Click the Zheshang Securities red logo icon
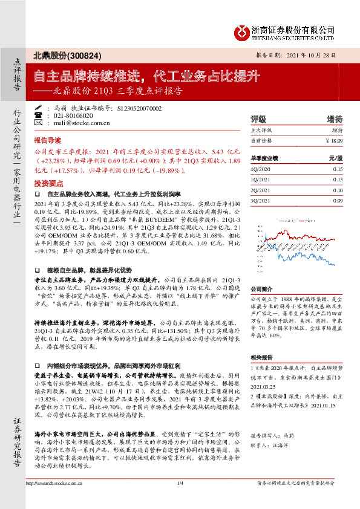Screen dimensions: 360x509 pyautogui.click(x=243, y=31)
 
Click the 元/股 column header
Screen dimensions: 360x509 pyautogui.click(x=335, y=158)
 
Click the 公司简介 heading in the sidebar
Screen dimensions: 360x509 pyautogui.click(x=262, y=289)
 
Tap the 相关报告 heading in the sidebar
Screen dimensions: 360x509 pyautogui.click(x=262, y=357)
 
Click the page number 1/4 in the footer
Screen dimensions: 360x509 pyautogui.click(x=180, y=500)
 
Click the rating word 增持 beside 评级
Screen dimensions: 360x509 pyautogui.click(x=335, y=118)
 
